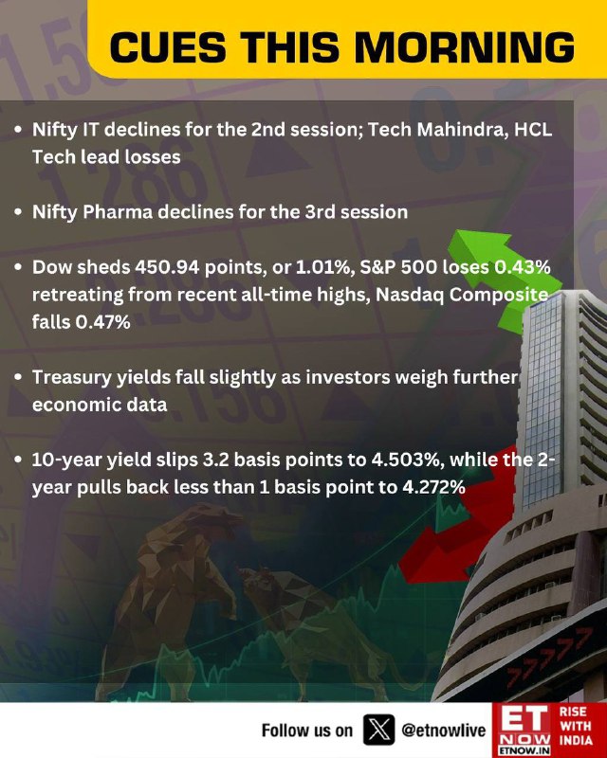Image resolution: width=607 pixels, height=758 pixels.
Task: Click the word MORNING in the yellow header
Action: click(x=465, y=47)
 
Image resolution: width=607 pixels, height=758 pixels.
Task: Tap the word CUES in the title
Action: click(x=168, y=47)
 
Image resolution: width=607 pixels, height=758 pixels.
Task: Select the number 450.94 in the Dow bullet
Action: click(x=167, y=267)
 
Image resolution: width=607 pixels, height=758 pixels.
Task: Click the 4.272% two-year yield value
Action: click(x=433, y=487)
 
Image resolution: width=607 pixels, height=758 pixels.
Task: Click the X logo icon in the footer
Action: click(x=378, y=730)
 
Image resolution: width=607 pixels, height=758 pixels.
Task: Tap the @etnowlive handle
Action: click(x=443, y=730)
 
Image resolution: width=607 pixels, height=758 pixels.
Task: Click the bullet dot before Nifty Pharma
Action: click(x=18, y=212)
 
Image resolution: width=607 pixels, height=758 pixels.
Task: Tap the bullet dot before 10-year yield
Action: click(x=18, y=460)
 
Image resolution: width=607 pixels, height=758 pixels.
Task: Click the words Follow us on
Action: click(x=307, y=730)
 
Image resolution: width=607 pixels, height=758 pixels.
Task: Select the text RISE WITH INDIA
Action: click(x=576, y=726)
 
